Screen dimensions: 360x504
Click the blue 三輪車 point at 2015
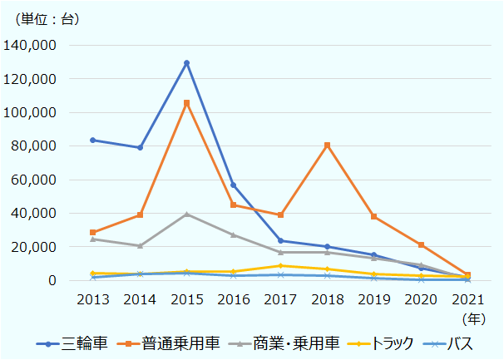tap(186, 63)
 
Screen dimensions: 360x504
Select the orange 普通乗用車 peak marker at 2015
tap(186, 103)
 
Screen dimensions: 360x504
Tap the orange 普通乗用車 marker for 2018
tap(327, 145)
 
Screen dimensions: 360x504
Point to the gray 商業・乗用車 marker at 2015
tap(186, 215)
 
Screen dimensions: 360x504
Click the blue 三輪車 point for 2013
tap(93, 140)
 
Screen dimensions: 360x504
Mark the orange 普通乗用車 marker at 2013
tap(93, 233)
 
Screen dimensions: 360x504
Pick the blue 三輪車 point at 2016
tap(234, 185)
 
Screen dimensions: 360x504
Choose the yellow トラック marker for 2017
tap(280, 266)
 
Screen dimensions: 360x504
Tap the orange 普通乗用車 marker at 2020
tap(421, 245)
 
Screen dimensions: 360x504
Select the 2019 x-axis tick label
tap(373, 299)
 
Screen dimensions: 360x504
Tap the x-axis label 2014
tap(140, 299)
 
